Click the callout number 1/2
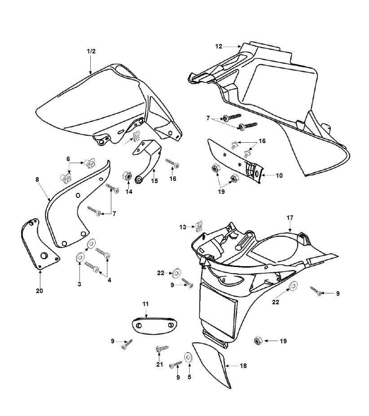coord(91,51)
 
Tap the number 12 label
coord(219,46)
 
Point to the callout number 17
coord(290,218)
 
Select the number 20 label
coord(40,291)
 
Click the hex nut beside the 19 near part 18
coord(258,341)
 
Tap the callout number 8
coord(37,180)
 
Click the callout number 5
coord(189,377)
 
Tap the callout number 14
coord(128,191)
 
